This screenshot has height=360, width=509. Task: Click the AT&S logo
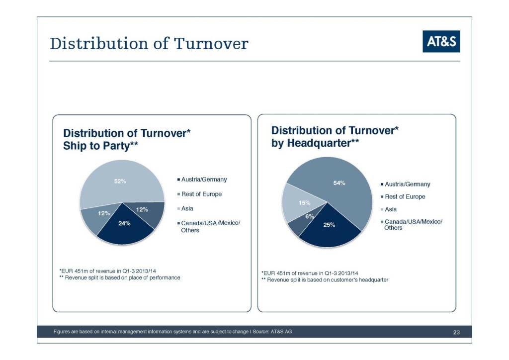click(441, 42)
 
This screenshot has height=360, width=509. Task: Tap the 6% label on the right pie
click(309, 216)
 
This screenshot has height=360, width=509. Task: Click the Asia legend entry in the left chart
click(187, 208)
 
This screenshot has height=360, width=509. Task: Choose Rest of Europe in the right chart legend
click(405, 196)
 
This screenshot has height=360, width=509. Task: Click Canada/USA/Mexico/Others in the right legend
click(413, 224)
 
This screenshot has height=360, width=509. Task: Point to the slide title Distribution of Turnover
click(149, 44)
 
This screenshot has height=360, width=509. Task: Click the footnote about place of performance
click(119, 277)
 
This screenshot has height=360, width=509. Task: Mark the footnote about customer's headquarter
click(325, 280)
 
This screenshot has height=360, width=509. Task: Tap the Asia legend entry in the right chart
click(391, 209)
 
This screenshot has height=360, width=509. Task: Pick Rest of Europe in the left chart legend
click(201, 194)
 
